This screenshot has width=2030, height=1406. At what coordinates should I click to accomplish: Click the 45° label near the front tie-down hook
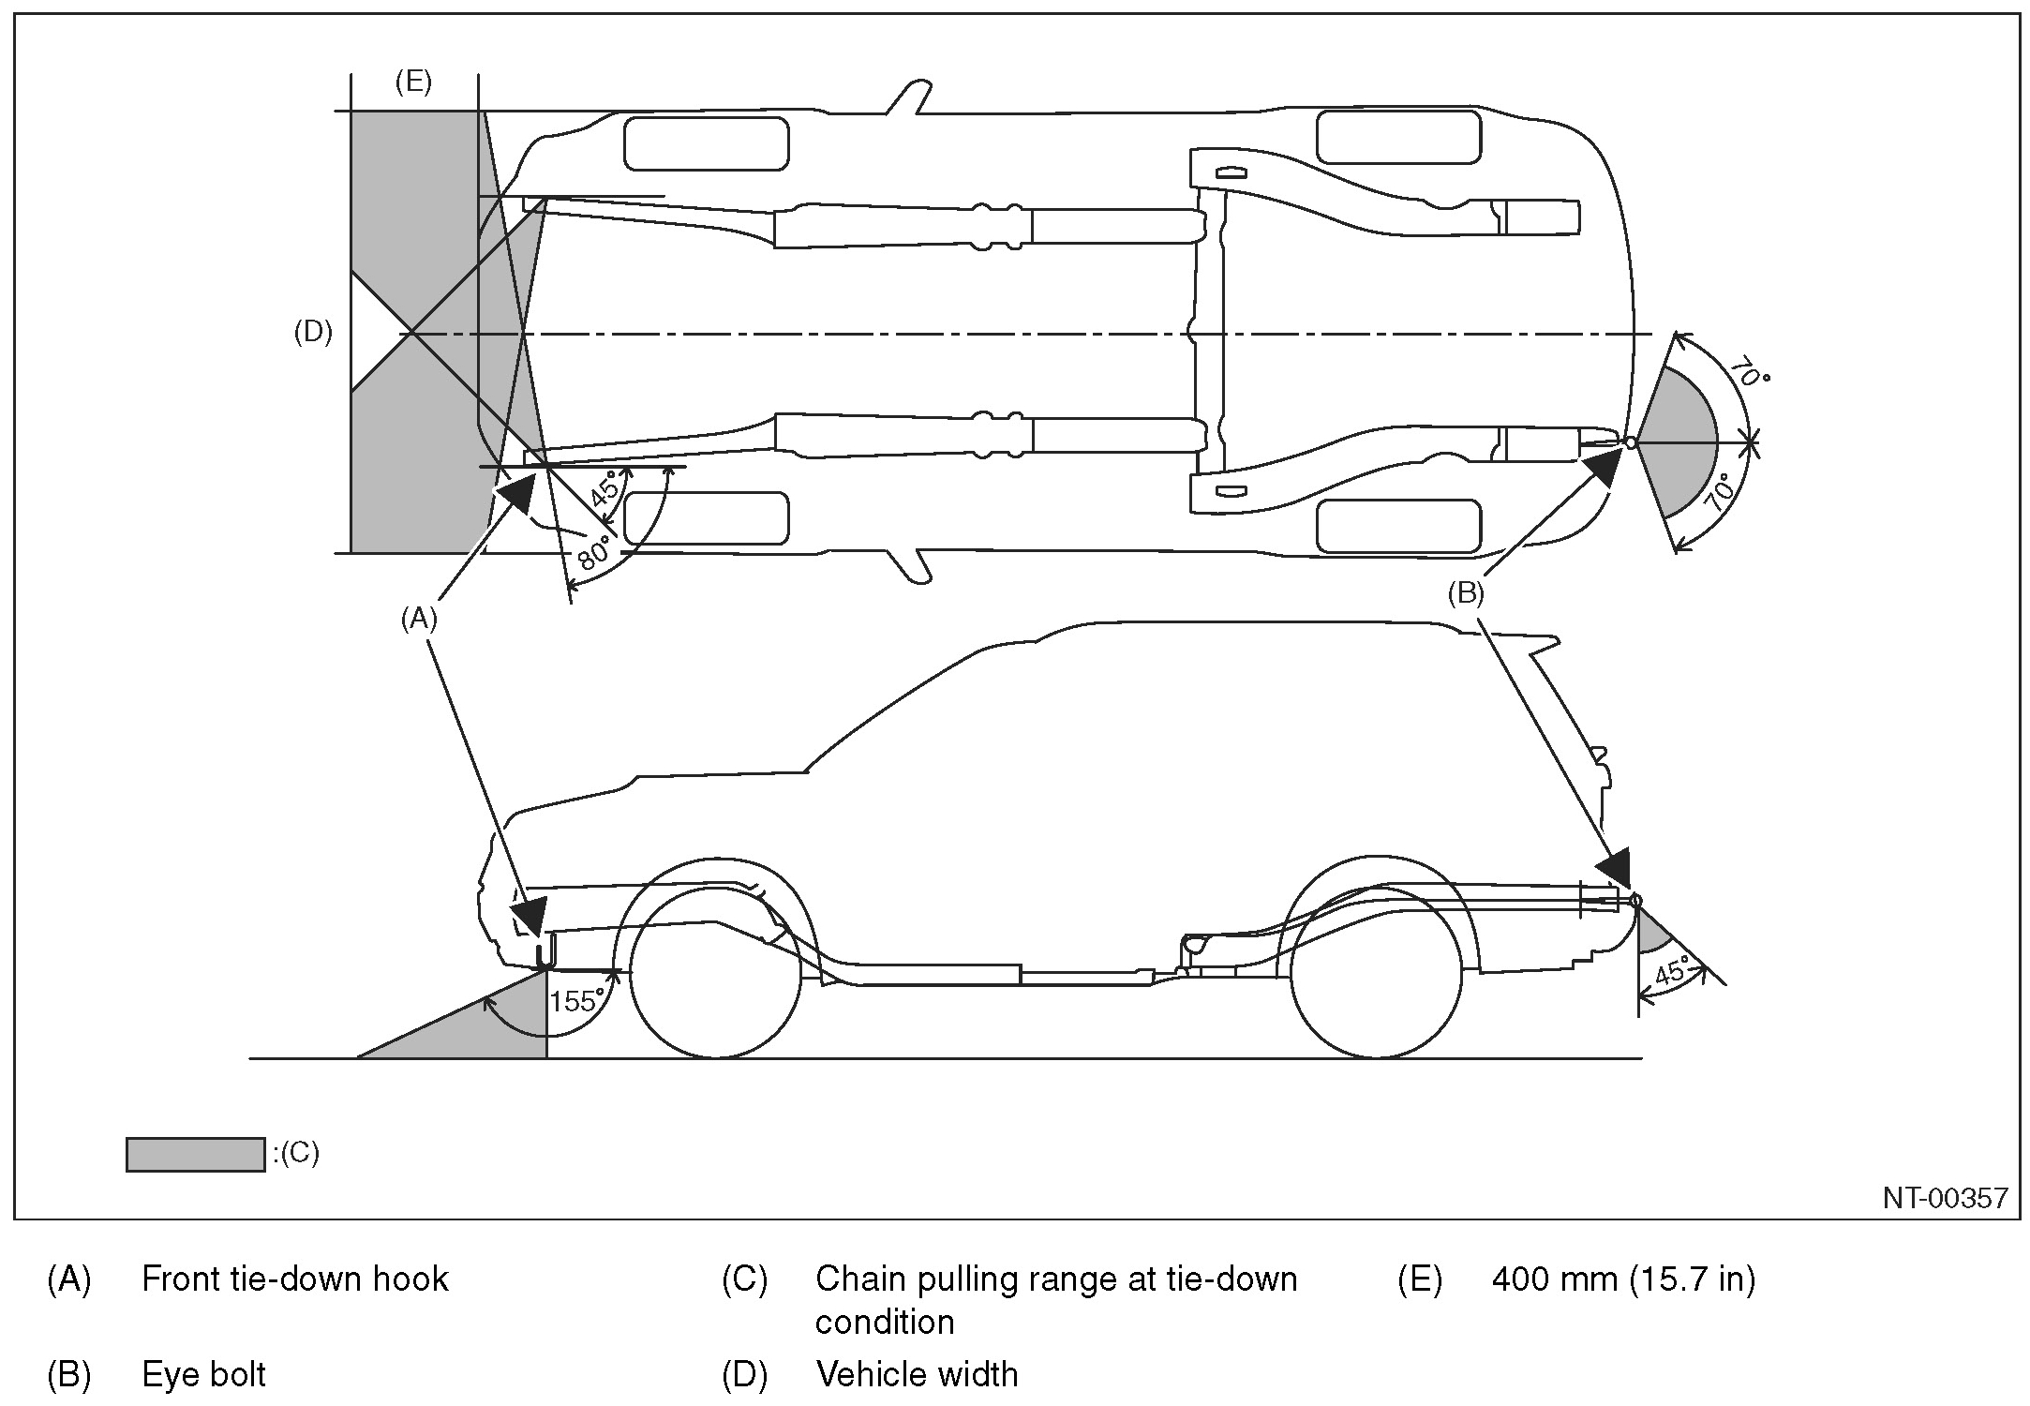(x=605, y=488)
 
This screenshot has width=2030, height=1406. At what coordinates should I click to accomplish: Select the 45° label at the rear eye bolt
(x=1673, y=971)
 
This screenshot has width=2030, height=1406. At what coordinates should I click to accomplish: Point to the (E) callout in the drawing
(x=413, y=82)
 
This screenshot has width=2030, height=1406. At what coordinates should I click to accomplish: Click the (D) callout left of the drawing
(x=313, y=332)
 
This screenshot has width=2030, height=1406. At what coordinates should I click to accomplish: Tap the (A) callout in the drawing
(x=419, y=619)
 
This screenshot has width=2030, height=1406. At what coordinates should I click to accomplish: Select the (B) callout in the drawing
(x=1466, y=593)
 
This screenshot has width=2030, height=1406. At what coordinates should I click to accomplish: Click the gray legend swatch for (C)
(x=195, y=1155)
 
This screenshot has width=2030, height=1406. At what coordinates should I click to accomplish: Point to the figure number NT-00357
(x=1946, y=1198)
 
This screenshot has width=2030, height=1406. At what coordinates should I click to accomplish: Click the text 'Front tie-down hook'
(x=294, y=1279)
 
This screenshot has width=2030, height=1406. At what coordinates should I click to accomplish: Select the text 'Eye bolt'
(x=203, y=1375)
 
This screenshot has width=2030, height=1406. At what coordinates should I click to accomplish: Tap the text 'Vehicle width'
(x=917, y=1375)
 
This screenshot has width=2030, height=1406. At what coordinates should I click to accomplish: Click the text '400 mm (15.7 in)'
(x=1623, y=1279)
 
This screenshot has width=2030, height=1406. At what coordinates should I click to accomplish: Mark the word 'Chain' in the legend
(x=860, y=1279)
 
